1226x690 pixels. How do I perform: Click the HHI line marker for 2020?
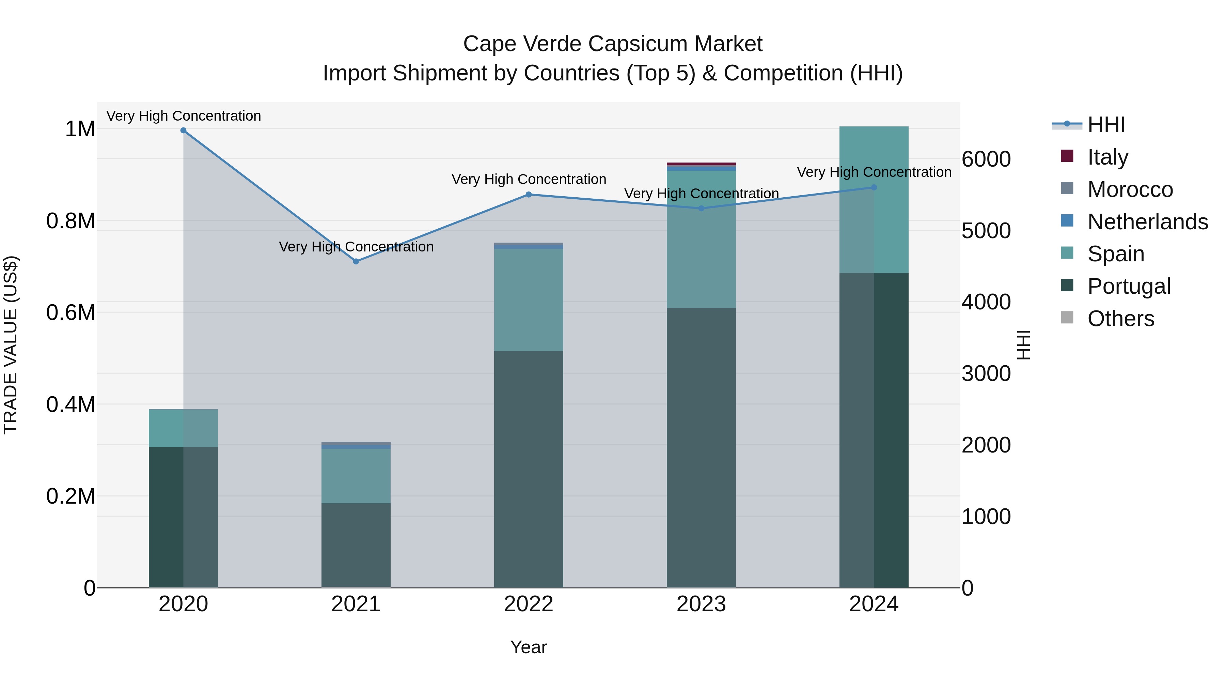[183, 131]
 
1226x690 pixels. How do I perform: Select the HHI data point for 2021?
[356, 261]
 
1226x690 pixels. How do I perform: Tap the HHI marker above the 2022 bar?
[528, 194]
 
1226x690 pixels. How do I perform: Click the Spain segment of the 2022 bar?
[528, 300]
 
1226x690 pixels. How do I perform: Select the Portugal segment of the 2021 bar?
[356, 545]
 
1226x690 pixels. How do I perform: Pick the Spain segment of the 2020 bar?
[183, 428]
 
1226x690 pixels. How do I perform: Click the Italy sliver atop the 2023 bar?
[701, 164]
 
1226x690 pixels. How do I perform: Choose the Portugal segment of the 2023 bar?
[701, 448]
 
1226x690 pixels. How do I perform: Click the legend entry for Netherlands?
[1147, 222]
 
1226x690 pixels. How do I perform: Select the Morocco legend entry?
[1130, 189]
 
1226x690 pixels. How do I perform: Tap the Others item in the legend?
[1120, 319]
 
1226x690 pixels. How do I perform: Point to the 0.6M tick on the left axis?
[70, 313]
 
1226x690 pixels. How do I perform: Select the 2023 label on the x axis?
[701, 604]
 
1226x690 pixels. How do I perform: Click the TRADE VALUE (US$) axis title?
[11, 345]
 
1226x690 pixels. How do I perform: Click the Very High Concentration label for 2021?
[356, 247]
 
